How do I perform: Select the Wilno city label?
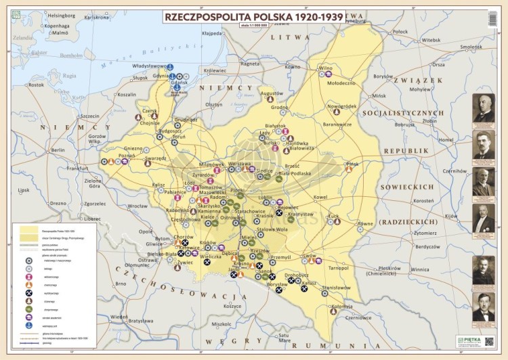[326, 68]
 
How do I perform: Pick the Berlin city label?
[58, 150]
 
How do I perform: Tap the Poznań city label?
[127, 155]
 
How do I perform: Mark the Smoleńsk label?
[471, 47]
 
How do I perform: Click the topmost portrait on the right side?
[484, 108]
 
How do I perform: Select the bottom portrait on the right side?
[484, 307]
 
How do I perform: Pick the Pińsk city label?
[352, 164]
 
